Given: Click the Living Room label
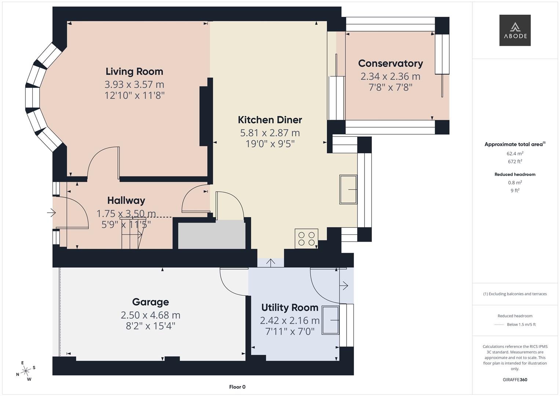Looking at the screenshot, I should click(x=134, y=71).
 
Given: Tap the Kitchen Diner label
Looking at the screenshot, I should click(x=270, y=120).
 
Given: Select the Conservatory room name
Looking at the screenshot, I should click(x=391, y=63).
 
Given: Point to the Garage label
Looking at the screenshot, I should click(x=150, y=302).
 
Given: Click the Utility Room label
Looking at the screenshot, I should click(x=290, y=308).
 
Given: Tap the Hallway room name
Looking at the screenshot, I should click(x=126, y=201).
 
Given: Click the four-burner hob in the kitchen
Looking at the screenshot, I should click(x=306, y=239).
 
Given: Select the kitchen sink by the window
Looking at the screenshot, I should click(x=348, y=190).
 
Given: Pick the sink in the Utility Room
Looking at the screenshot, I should click(x=330, y=320).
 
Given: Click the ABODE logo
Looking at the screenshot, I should click(x=515, y=30).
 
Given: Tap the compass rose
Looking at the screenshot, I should click(x=26, y=371).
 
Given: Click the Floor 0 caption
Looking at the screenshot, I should click(x=237, y=387).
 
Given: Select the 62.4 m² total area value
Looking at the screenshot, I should click(x=515, y=154).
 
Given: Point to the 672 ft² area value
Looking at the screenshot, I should click(x=515, y=162).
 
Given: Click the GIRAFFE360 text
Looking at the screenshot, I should click(x=515, y=379).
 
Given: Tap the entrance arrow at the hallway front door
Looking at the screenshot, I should click(x=51, y=212).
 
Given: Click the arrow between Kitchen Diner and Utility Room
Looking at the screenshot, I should click(x=271, y=262).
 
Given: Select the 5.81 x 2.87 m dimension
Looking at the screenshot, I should click(x=270, y=133).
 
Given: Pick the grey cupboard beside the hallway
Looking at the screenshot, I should click(x=212, y=235).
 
